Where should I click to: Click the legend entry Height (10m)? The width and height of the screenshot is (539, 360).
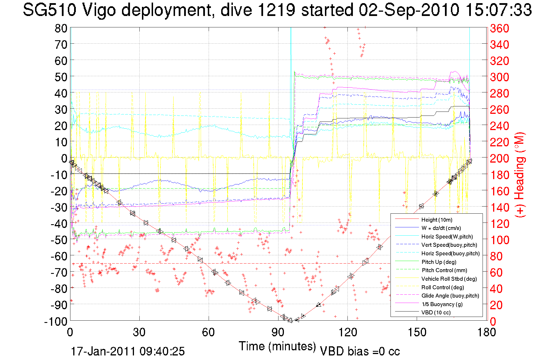(x=437, y=220)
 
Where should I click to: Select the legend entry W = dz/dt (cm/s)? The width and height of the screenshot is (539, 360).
(x=441, y=228)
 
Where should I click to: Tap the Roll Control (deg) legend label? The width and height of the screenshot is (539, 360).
(x=442, y=287)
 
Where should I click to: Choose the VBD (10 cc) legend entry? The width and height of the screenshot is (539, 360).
(x=436, y=313)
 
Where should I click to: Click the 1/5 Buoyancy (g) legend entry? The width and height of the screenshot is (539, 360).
(x=442, y=304)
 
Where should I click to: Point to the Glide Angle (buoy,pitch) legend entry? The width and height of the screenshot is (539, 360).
(x=450, y=296)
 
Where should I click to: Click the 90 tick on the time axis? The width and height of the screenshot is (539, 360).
(x=278, y=332)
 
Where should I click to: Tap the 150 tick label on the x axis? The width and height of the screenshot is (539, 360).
(x=417, y=332)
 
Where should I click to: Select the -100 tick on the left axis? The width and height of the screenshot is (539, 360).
(x=56, y=321)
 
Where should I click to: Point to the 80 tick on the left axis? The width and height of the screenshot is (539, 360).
(x=61, y=28)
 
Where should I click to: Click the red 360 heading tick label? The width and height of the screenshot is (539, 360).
(x=499, y=28)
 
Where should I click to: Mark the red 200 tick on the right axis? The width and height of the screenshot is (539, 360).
(x=499, y=158)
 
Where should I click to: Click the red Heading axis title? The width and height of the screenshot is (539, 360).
(x=520, y=175)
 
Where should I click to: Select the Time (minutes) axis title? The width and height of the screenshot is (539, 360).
(x=277, y=346)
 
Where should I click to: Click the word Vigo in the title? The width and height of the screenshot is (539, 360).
(x=99, y=10)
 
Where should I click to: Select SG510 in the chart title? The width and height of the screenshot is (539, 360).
(x=50, y=10)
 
